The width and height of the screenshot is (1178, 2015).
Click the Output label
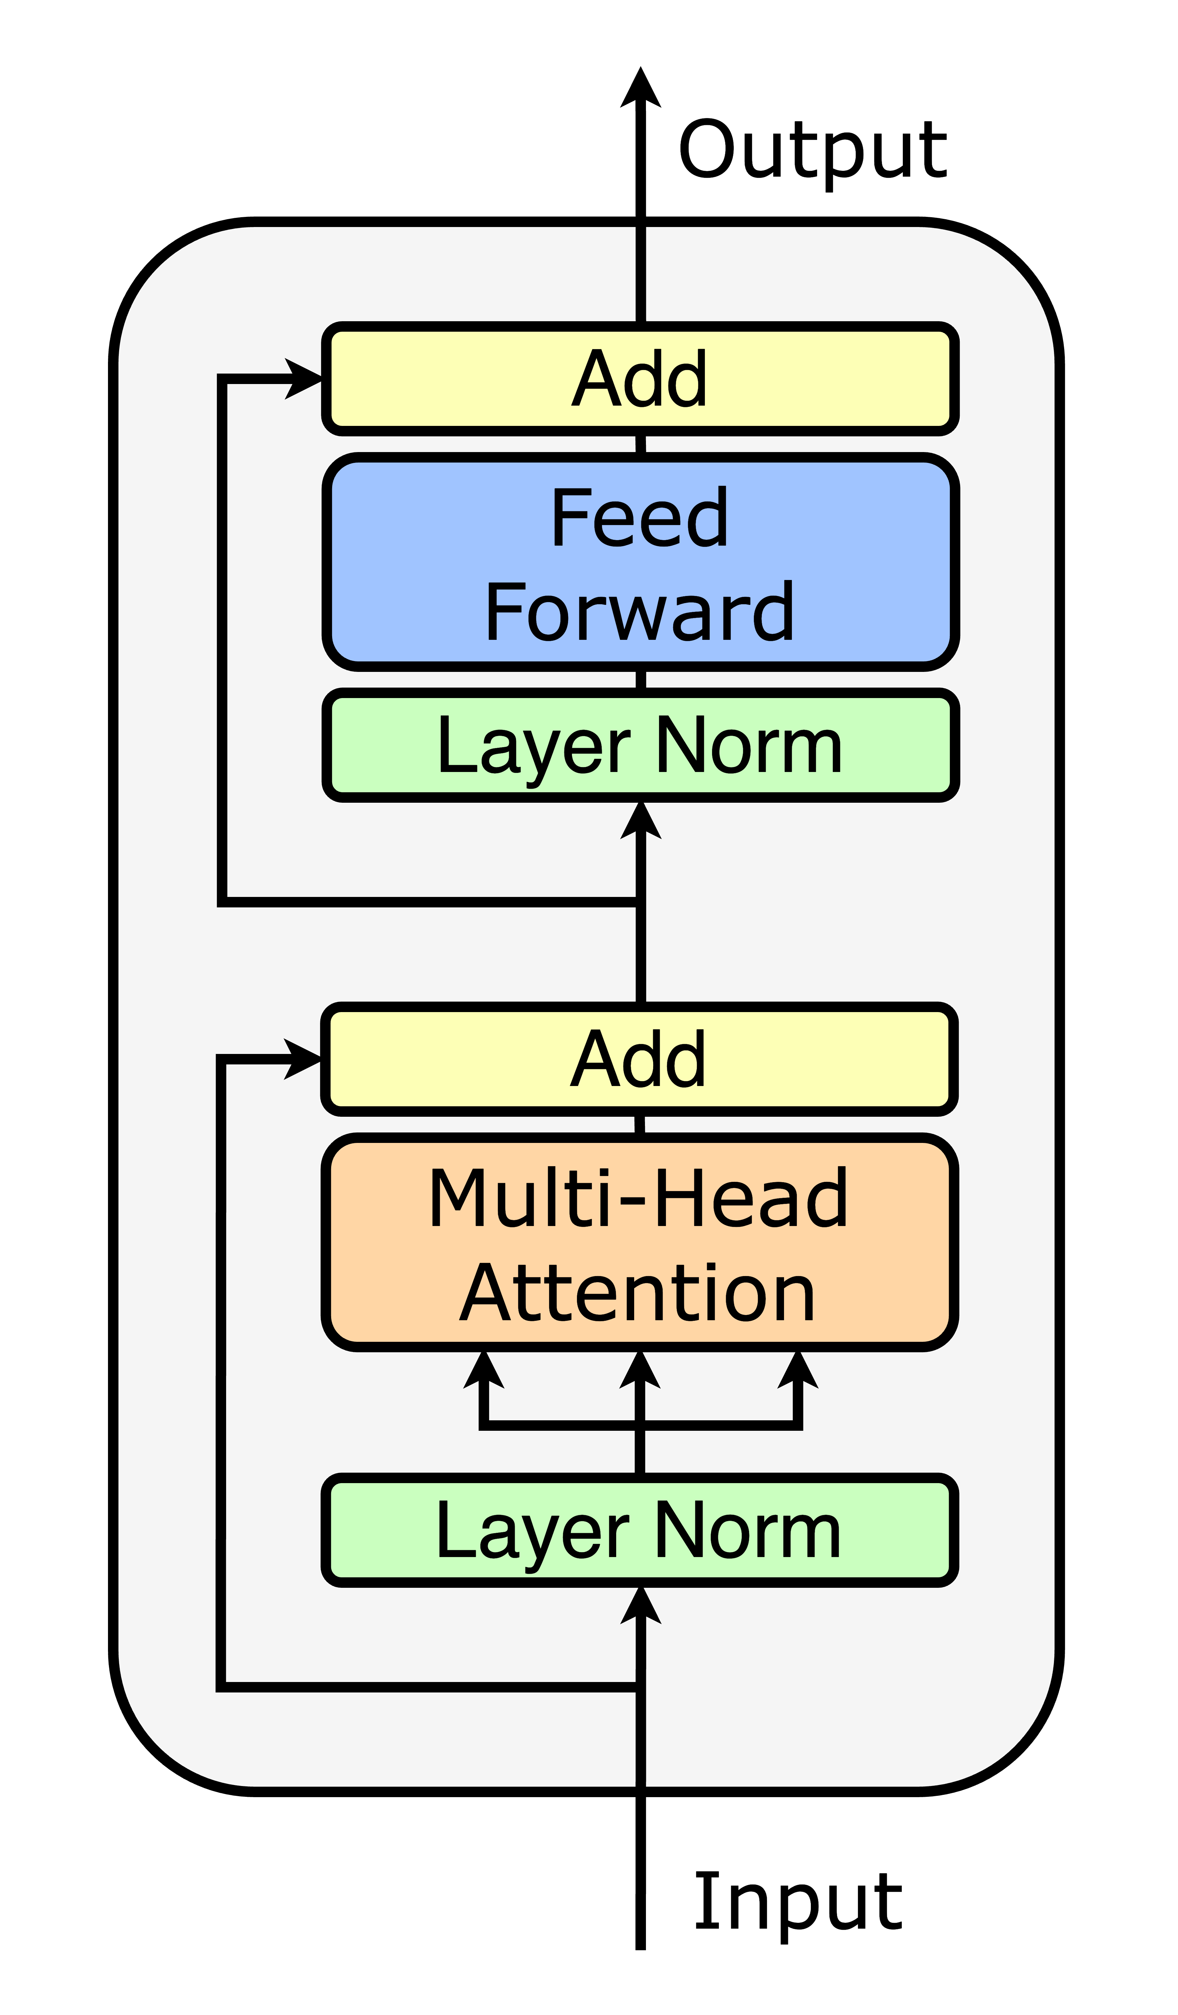(x=812, y=150)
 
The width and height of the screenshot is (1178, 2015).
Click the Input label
(x=797, y=1901)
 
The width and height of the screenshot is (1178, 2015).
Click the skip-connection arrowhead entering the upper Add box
(x=304, y=379)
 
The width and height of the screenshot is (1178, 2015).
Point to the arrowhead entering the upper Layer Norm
(x=641, y=820)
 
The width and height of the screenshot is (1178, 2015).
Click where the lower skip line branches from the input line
(x=641, y=1687)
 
